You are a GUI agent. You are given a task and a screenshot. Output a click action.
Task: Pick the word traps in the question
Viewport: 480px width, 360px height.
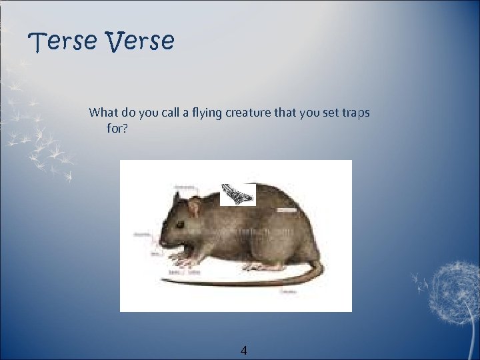[355, 112]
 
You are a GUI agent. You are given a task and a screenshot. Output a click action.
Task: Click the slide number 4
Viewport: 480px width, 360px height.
[243, 350]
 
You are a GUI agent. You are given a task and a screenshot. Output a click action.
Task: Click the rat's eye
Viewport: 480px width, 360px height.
[180, 224]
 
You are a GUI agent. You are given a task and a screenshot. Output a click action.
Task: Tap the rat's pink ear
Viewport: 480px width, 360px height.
[194, 208]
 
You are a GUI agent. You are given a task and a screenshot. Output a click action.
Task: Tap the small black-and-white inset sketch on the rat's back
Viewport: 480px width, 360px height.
[238, 193]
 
